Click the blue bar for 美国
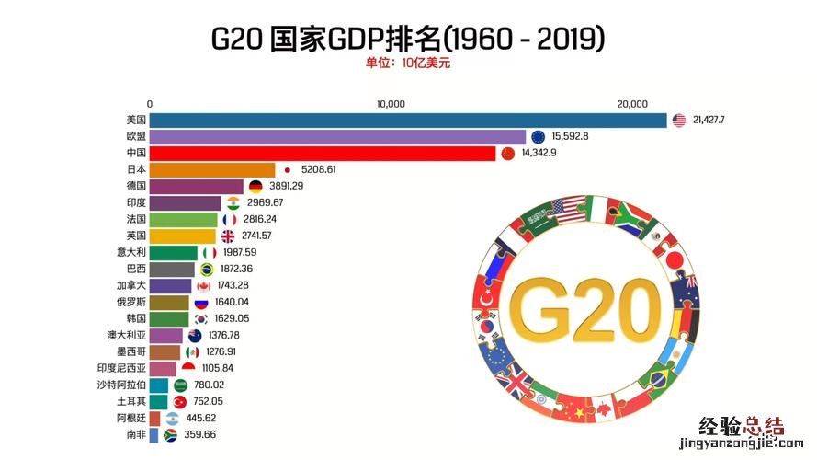click(x=408, y=120)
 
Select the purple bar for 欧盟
click(x=337, y=136)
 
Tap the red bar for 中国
click(x=323, y=153)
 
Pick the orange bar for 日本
click(x=212, y=169)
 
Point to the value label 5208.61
click(x=318, y=169)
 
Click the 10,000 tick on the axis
click(x=391, y=104)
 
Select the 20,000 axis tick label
click(x=633, y=104)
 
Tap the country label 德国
click(x=135, y=186)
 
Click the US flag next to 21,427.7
click(x=679, y=120)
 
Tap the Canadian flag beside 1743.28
click(x=203, y=285)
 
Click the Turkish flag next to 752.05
click(x=179, y=401)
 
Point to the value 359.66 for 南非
click(x=199, y=434)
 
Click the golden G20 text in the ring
click(x=580, y=305)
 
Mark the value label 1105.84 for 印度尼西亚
click(x=218, y=368)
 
